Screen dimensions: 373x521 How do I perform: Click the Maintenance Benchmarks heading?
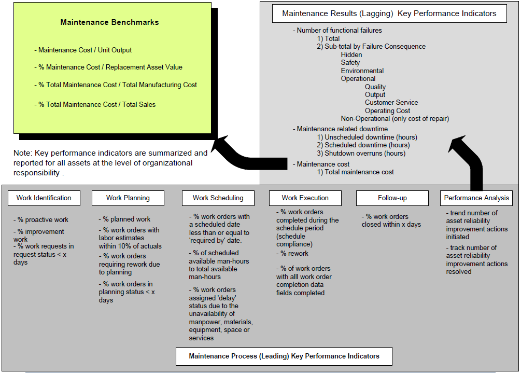(109, 22)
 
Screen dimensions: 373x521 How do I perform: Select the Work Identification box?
(44, 198)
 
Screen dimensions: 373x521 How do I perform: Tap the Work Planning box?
(128, 198)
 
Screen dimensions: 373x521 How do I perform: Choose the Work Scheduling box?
(218, 198)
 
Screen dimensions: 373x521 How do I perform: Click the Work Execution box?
(305, 198)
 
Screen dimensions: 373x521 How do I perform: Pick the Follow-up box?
(392, 198)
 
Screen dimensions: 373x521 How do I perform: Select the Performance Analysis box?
(476, 198)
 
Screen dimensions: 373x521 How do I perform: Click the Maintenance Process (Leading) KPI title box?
(284, 356)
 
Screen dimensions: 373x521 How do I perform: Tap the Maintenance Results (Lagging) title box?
(389, 13)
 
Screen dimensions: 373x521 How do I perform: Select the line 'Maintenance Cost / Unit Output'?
(85, 50)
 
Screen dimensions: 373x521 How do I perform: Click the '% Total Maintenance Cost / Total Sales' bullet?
(97, 104)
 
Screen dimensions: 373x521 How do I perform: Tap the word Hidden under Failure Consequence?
(351, 54)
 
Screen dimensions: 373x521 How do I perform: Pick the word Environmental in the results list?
(362, 71)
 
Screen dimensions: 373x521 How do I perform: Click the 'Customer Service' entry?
(391, 103)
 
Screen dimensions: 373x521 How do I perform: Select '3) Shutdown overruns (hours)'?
(361, 153)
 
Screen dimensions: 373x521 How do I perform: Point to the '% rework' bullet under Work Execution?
(294, 253)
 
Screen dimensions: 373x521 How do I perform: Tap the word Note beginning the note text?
(22, 153)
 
